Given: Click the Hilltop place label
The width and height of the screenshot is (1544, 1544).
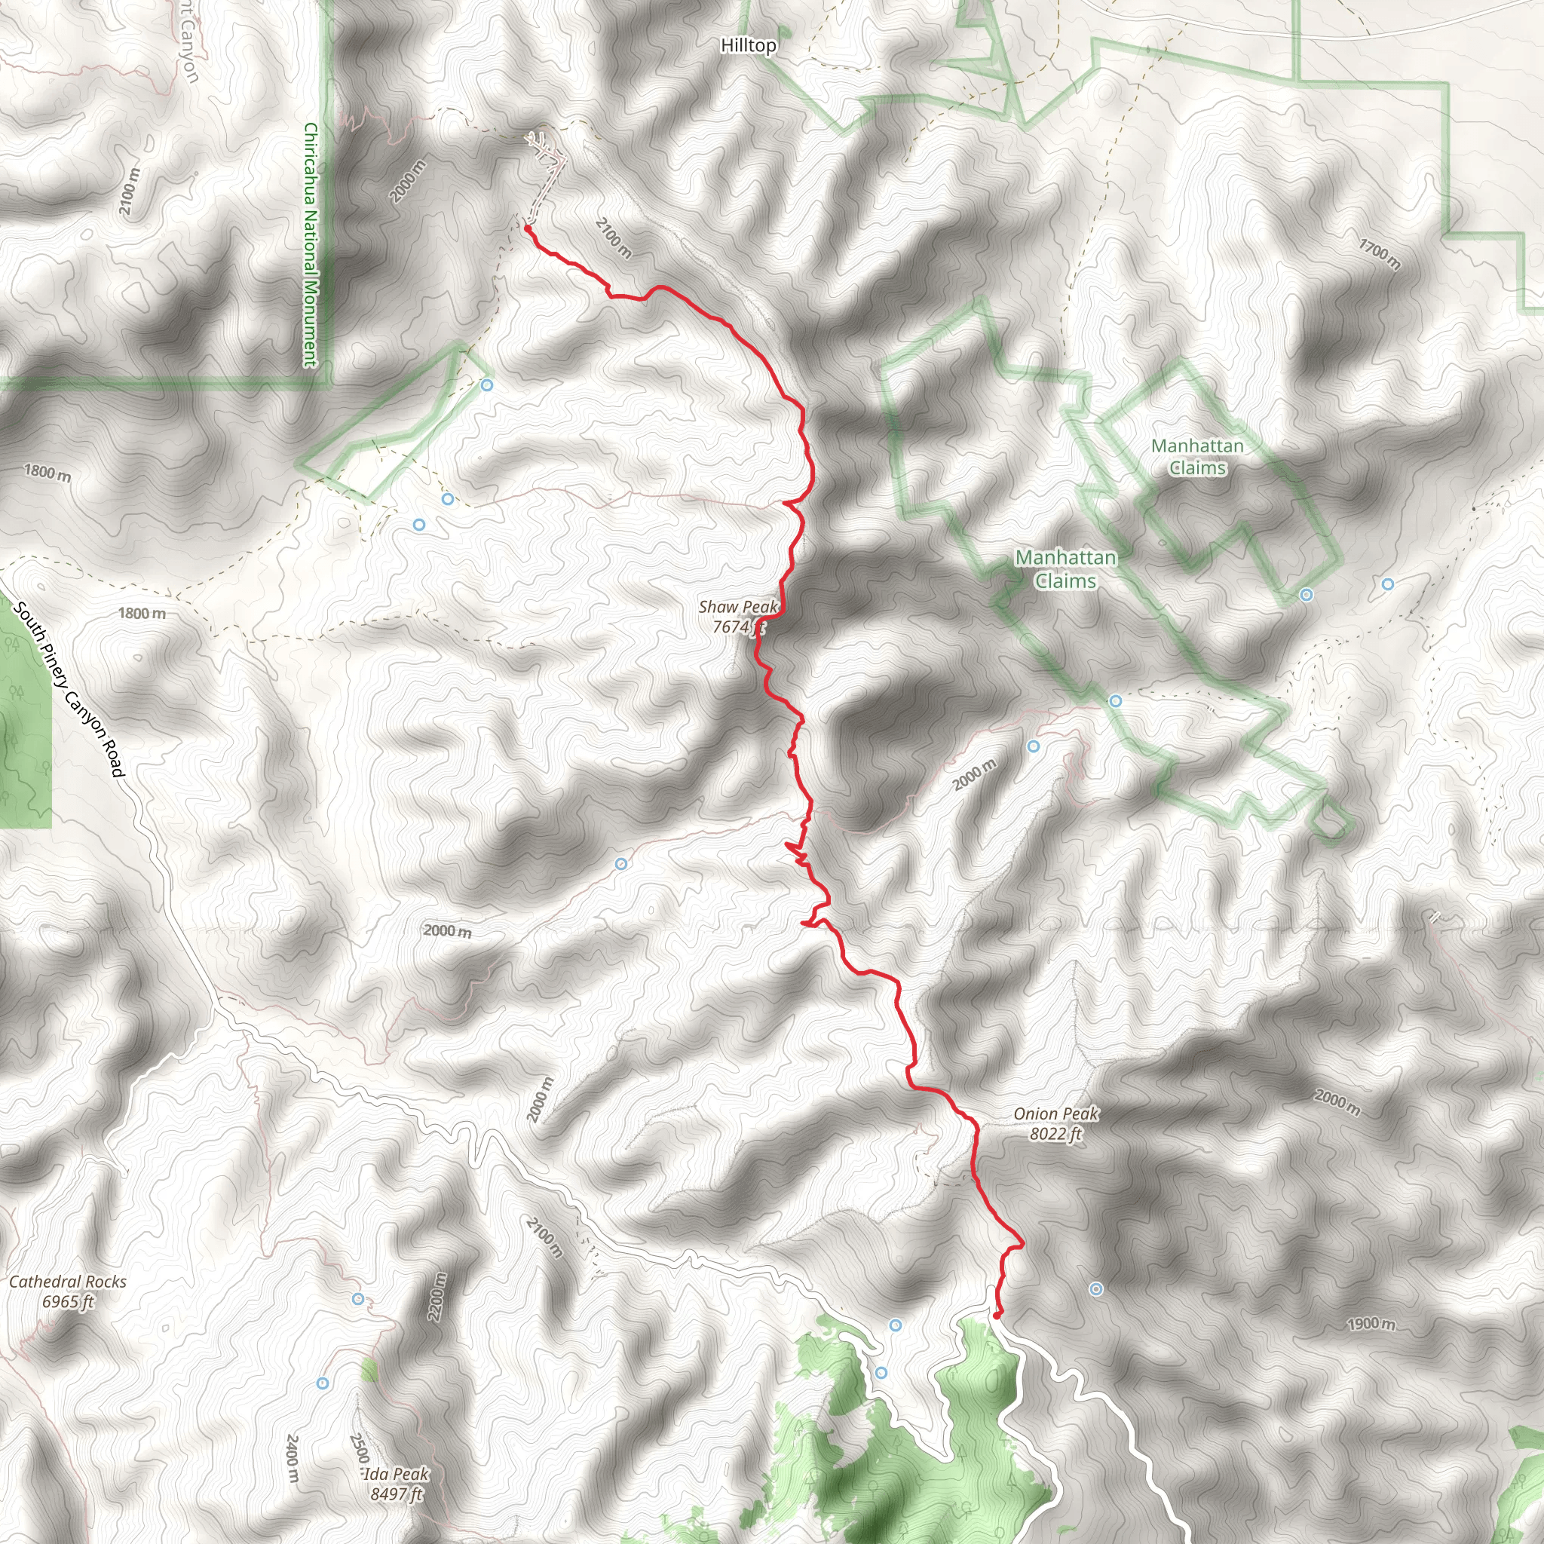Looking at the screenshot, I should pyautogui.click(x=748, y=45).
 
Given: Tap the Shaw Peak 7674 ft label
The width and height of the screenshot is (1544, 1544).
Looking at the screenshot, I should pyautogui.click(x=737, y=617).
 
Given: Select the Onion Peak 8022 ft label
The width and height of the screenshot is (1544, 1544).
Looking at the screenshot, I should pyautogui.click(x=1055, y=1123).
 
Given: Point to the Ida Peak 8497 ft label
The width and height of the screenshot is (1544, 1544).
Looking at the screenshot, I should pyautogui.click(x=397, y=1483).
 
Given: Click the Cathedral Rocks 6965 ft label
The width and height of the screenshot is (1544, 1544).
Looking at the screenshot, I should pyautogui.click(x=68, y=1291).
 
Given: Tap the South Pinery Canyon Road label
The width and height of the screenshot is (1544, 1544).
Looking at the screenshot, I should pyautogui.click(x=70, y=690).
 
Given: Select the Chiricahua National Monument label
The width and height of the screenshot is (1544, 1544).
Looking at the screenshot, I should pyautogui.click(x=311, y=244).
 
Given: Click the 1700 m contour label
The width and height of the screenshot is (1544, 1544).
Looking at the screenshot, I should pyautogui.click(x=1380, y=253).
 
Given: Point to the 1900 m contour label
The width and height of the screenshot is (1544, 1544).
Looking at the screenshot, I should pyautogui.click(x=1371, y=1324).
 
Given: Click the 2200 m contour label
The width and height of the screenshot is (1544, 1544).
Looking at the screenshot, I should pyautogui.click(x=437, y=1296).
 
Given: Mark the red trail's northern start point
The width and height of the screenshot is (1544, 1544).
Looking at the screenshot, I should pyautogui.click(x=528, y=228).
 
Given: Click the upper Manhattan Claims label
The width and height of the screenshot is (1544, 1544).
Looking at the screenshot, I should pyautogui.click(x=1197, y=457).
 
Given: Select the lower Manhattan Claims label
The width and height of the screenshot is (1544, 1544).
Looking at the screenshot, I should pyautogui.click(x=1065, y=569).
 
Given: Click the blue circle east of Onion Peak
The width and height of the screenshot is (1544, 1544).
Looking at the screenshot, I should pyautogui.click(x=1095, y=1289).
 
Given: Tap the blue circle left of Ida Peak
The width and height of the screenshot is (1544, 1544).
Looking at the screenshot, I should pyautogui.click(x=323, y=1383).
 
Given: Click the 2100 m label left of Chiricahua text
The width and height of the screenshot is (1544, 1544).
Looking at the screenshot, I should pyautogui.click(x=130, y=190).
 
